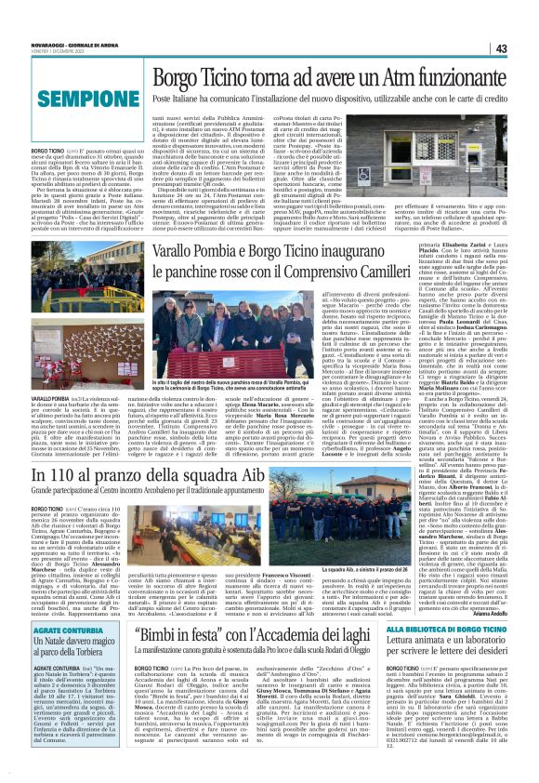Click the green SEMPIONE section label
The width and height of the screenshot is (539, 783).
[x=74, y=97]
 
